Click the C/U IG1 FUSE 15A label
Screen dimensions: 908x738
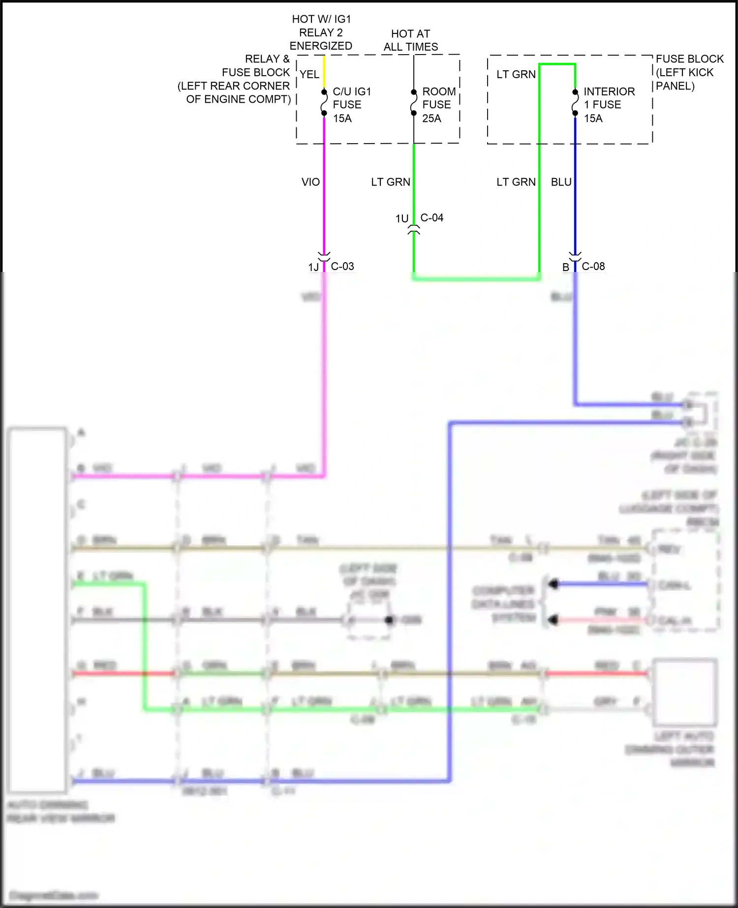point(351,105)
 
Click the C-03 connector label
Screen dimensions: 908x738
point(342,266)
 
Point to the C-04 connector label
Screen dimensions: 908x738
point(432,217)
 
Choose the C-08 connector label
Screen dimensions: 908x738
point(593,266)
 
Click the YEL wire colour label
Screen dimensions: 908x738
point(309,74)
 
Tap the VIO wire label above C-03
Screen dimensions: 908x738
point(310,182)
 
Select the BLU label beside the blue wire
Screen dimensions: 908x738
point(561,182)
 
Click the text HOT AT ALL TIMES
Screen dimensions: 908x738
point(410,40)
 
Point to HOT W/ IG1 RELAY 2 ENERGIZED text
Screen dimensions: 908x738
point(321,32)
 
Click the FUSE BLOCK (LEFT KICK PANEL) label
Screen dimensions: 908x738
point(689,72)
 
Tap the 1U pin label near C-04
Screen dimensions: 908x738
point(402,218)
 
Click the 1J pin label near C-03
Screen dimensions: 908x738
point(313,267)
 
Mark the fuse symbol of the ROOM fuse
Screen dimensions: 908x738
point(414,103)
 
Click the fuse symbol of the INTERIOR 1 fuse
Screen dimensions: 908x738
point(575,103)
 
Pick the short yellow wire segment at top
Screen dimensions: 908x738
point(324,72)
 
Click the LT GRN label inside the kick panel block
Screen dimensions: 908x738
point(516,74)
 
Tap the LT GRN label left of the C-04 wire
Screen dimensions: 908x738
point(390,182)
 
